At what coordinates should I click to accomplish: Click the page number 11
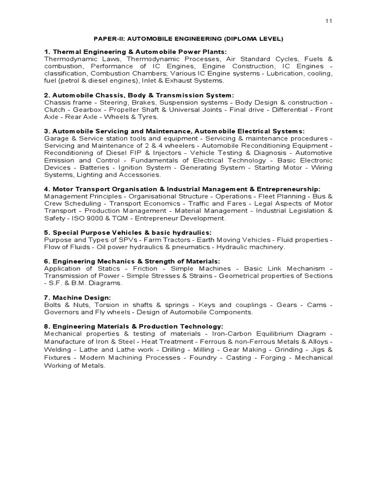point(328,21)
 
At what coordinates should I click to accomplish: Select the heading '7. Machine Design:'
point(78,297)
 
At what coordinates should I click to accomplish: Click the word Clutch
point(54,109)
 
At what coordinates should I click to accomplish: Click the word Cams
point(316,305)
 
